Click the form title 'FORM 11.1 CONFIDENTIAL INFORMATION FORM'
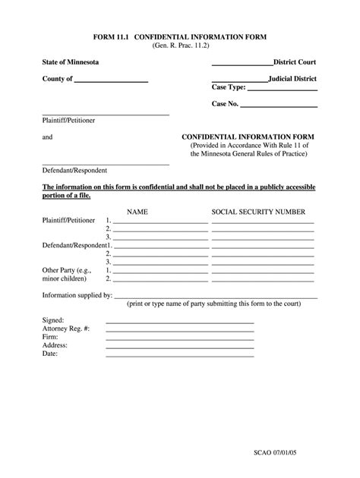pos(180,36)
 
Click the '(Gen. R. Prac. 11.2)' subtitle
pos(180,46)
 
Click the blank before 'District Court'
pos(242,64)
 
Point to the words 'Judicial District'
pos(292,78)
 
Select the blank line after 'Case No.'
pos(279,105)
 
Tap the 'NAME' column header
pos(137,212)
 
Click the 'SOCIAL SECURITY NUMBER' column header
pos(258,212)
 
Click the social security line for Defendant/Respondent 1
pos(263,247)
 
